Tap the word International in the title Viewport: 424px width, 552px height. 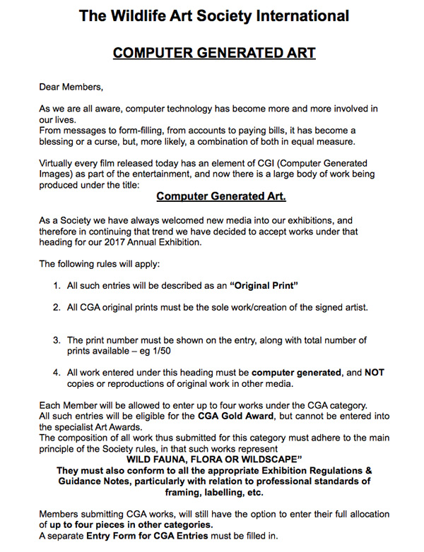pyautogui.click(x=301, y=16)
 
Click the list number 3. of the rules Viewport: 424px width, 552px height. pyautogui.click(x=57, y=341)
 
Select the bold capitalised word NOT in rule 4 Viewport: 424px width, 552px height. pyautogui.click(x=374, y=372)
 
